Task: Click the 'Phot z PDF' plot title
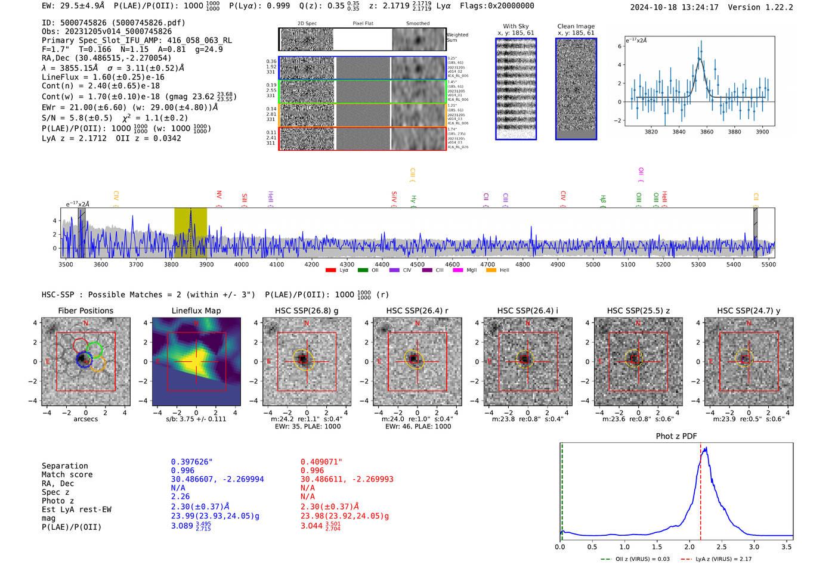click(676, 436)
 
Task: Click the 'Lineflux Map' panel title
click(196, 311)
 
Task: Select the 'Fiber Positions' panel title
click(85, 311)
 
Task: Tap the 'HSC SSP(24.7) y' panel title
click(749, 311)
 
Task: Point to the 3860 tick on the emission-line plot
click(707, 132)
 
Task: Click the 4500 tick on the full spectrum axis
click(417, 265)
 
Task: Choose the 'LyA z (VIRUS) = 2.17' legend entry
click(723, 559)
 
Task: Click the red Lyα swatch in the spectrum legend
click(330, 271)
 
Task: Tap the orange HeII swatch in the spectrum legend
click(491, 271)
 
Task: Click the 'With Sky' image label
click(515, 26)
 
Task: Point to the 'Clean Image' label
click(576, 26)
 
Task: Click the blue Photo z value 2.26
click(180, 496)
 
